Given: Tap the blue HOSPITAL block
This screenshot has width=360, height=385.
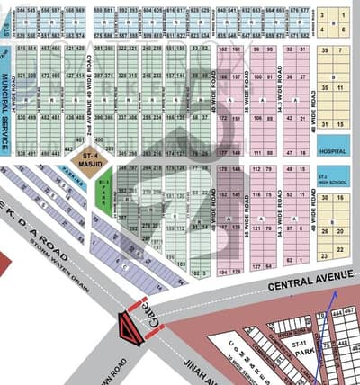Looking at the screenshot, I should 332,152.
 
